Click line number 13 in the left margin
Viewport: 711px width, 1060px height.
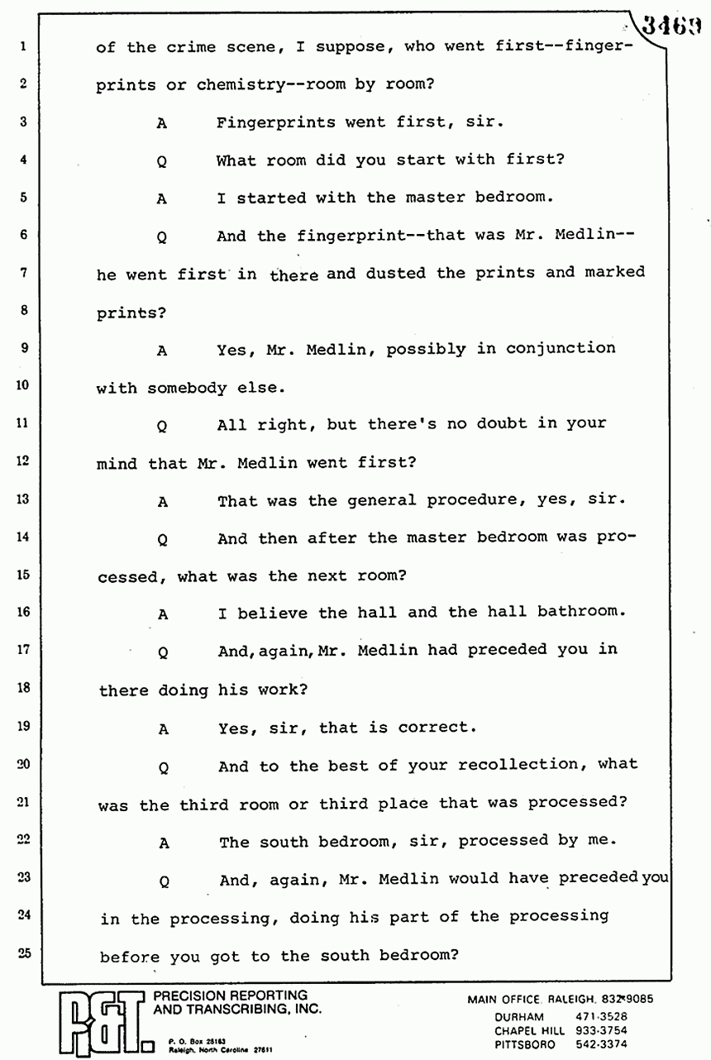(23, 499)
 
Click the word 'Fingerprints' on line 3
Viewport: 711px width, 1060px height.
(276, 122)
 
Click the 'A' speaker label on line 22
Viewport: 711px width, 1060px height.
(164, 843)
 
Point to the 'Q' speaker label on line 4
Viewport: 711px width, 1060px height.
(162, 162)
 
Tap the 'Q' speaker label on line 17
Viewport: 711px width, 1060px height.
(163, 652)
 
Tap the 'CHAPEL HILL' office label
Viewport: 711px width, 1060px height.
(530, 1030)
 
